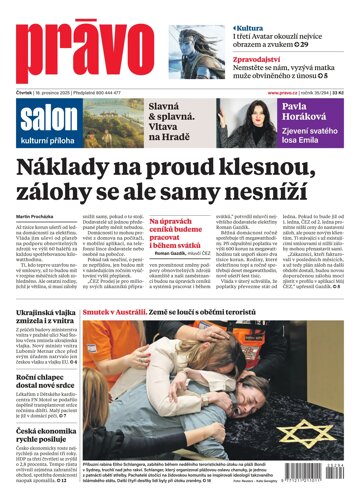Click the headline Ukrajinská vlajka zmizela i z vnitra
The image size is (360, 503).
(x=52, y=318)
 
